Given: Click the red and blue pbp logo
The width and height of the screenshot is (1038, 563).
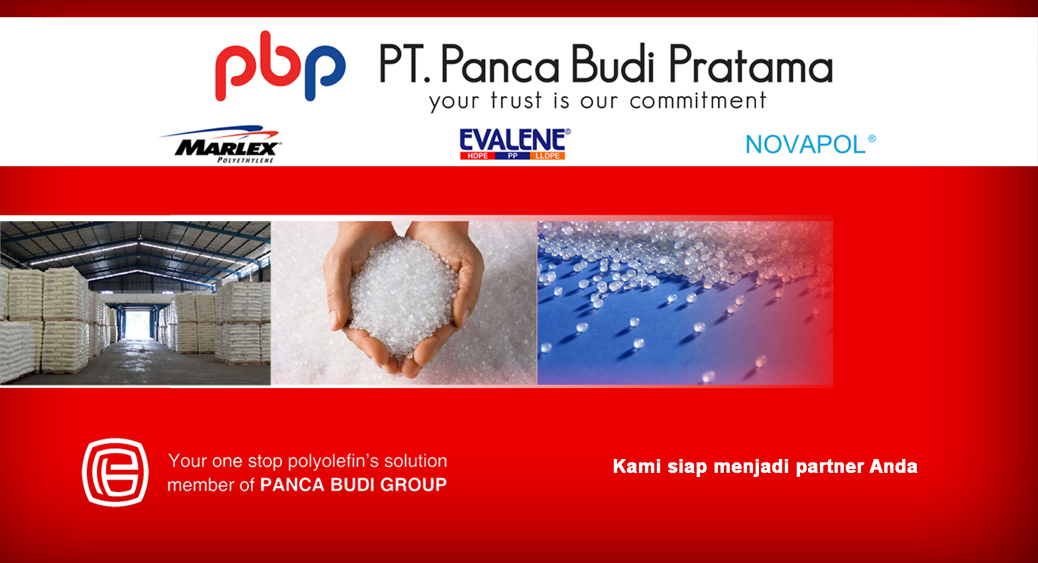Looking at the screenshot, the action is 280,66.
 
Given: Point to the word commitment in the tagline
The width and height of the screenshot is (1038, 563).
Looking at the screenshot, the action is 698,101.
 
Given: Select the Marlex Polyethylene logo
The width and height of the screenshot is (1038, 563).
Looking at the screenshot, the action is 221,144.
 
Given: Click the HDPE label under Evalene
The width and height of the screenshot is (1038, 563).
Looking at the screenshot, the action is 477,156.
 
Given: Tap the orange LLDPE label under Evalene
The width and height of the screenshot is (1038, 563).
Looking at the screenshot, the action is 548,156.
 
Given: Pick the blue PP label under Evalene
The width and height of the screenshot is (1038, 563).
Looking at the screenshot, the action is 512,156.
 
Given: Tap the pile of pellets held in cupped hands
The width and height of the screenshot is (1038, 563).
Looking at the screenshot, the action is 402,296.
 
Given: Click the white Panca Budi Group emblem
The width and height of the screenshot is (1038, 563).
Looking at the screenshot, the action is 115,472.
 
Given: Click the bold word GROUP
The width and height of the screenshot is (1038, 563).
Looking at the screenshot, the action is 414,485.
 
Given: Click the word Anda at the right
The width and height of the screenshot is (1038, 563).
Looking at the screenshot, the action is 894,466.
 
